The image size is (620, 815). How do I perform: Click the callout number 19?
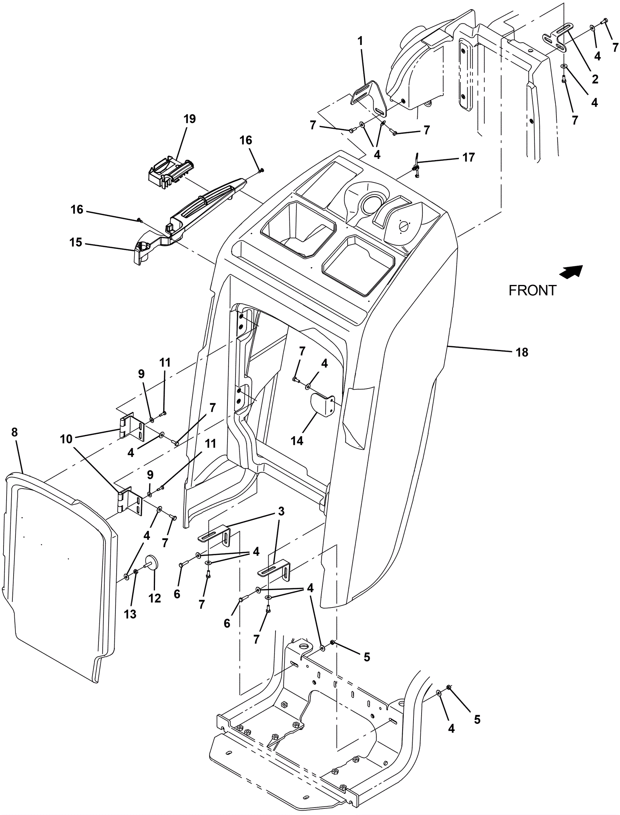click(x=189, y=119)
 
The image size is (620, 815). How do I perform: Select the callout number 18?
click(x=522, y=352)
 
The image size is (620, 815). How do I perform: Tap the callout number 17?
click(x=468, y=158)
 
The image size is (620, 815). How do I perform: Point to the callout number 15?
click(x=76, y=243)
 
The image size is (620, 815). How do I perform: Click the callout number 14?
click(x=297, y=441)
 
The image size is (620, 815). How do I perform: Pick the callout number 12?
click(x=155, y=598)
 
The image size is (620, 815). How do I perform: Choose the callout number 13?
click(x=130, y=614)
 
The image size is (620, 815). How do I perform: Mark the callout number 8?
click(x=15, y=432)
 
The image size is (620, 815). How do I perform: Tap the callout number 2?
click(x=595, y=79)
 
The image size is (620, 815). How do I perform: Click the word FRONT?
click(x=532, y=290)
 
